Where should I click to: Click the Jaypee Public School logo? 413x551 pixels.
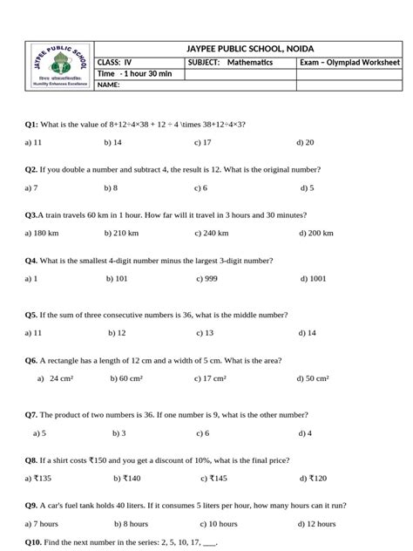point(58,65)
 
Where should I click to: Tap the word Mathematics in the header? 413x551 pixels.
point(250,63)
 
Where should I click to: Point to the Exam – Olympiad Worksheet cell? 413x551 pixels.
point(349,63)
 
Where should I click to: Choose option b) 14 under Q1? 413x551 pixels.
point(112,141)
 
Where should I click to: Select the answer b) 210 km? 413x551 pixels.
point(121,234)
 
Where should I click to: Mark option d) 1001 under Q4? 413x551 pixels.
point(313,279)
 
